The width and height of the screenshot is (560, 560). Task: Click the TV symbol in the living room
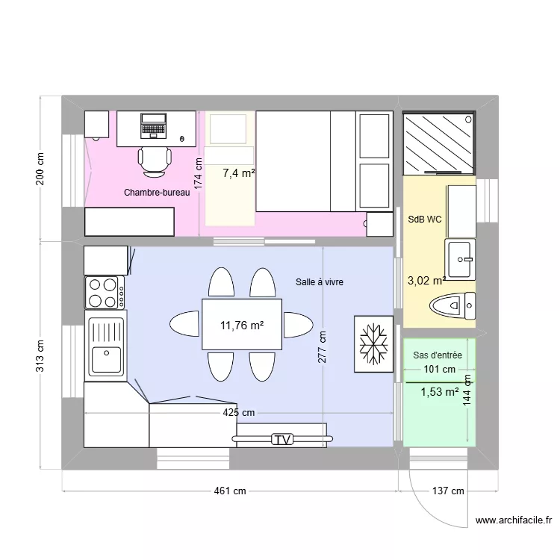[x=281, y=440]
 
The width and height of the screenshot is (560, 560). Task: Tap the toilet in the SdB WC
[x=452, y=305]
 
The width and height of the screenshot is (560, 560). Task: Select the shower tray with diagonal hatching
[x=438, y=142]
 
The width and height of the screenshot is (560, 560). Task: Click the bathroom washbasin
[x=459, y=259]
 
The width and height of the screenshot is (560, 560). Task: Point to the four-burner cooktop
[x=105, y=292]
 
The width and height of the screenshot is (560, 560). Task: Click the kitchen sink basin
[x=106, y=361]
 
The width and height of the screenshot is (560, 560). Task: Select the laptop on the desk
[x=153, y=125]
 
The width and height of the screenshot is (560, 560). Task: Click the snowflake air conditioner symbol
[x=373, y=343]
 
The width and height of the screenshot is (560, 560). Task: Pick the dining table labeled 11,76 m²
[x=241, y=325]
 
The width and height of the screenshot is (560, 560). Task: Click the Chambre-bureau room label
[x=157, y=193]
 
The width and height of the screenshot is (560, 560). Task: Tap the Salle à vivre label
[x=319, y=281]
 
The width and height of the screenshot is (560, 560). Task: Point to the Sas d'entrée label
[x=438, y=355]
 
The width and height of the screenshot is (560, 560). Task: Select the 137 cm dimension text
[x=447, y=491]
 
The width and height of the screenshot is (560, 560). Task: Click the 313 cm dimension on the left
[x=40, y=356]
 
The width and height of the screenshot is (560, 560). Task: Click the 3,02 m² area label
[x=426, y=281]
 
